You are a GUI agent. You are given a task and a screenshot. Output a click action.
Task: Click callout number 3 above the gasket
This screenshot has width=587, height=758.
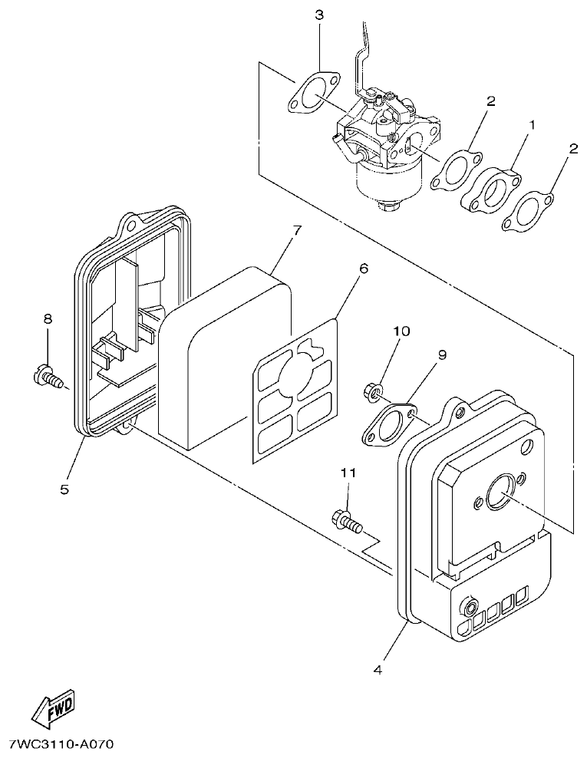318,15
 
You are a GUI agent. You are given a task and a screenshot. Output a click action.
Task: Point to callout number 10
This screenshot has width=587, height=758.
401,331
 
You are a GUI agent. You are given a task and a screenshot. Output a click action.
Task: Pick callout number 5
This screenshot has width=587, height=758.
64,488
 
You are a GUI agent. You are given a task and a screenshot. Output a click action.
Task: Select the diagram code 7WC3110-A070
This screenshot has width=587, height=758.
61,744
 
